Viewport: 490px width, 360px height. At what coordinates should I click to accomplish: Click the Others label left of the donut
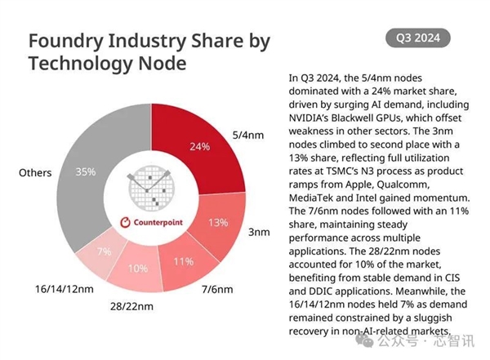[x=35, y=172]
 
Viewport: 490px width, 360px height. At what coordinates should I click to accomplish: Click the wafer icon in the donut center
[x=153, y=187]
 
